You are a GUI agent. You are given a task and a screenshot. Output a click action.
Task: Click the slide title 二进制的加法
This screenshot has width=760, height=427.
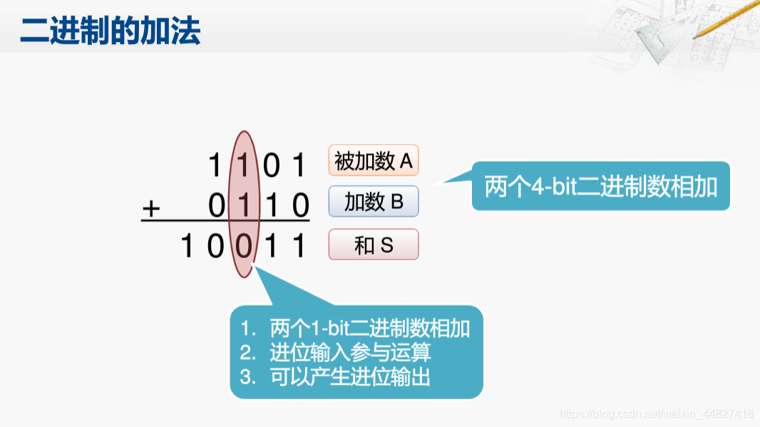point(111,31)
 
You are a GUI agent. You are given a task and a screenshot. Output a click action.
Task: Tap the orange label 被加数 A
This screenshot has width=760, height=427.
point(374,161)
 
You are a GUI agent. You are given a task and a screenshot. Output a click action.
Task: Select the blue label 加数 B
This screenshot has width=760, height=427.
point(374,202)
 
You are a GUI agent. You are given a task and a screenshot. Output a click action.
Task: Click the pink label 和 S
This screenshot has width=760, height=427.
point(374,245)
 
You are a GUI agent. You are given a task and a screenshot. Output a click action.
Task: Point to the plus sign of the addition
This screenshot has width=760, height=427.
point(151,208)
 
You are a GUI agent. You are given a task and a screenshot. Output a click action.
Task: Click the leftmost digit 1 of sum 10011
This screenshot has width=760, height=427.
point(188,247)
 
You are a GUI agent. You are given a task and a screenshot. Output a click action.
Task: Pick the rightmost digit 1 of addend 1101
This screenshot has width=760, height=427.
point(299,165)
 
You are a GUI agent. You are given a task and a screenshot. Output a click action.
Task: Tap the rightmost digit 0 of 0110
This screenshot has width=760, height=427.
point(301,206)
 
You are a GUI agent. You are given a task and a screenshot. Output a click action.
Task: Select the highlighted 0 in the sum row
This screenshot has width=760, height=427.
point(244,247)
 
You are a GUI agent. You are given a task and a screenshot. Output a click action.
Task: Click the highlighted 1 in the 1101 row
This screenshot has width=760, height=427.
point(244,165)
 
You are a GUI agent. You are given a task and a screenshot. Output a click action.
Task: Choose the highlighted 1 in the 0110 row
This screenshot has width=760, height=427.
point(244,206)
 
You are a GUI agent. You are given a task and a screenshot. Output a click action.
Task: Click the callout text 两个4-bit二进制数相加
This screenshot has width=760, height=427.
point(601,186)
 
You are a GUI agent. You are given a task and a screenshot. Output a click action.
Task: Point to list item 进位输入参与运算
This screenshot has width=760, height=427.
point(350,352)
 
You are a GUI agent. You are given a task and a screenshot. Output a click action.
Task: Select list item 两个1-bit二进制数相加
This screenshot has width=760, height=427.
point(369,329)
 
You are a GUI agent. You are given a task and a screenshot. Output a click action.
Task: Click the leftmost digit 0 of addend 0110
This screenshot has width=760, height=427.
point(217,206)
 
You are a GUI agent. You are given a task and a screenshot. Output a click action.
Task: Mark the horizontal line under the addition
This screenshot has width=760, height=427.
point(225,221)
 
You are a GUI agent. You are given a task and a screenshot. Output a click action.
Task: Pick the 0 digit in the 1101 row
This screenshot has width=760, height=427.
point(272,165)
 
